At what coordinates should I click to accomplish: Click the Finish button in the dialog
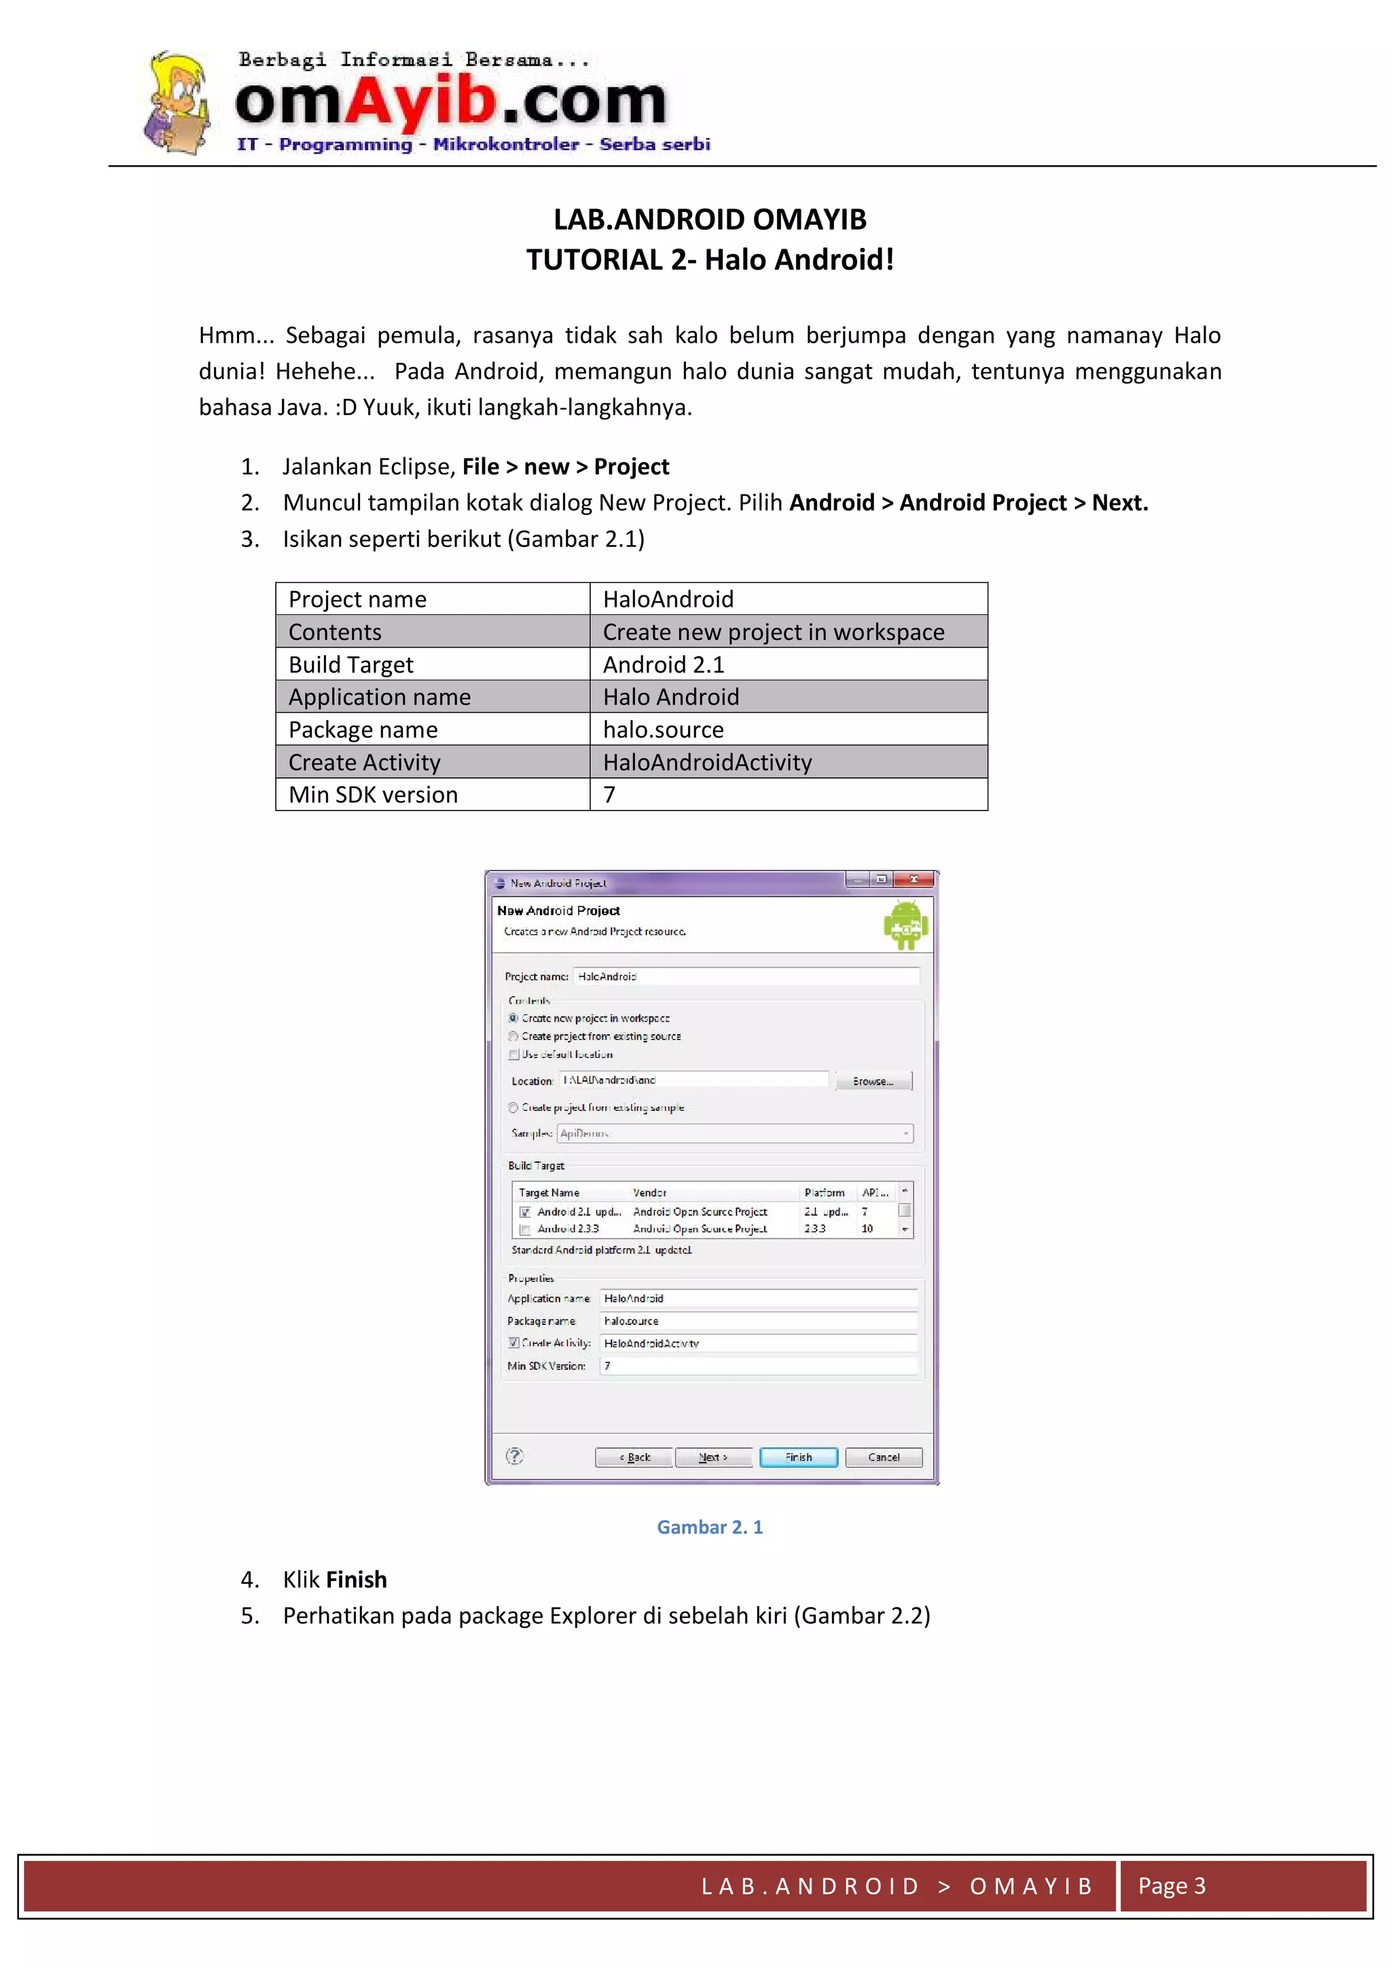pyautogui.click(x=798, y=1457)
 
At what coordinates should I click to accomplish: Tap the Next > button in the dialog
pyautogui.click(x=712, y=1457)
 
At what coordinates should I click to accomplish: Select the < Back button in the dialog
pyautogui.click(x=634, y=1457)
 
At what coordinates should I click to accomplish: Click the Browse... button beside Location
pyautogui.click(x=873, y=1081)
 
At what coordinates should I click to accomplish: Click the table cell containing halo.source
pyautogui.click(x=788, y=729)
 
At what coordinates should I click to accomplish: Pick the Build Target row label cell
pyautogui.click(x=433, y=664)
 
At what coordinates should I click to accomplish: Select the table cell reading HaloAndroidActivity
pyautogui.click(x=788, y=762)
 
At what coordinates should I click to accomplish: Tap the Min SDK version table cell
pyautogui.click(x=433, y=794)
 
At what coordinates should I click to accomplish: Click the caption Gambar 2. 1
pyautogui.click(x=709, y=1527)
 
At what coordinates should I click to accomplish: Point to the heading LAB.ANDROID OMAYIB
pyautogui.click(x=709, y=219)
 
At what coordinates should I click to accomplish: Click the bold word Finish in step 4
pyautogui.click(x=357, y=1579)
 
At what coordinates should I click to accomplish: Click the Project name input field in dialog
pyautogui.click(x=745, y=976)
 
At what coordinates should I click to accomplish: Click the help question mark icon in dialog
pyautogui.click(x=515, y=1457)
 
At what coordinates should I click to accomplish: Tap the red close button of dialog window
pyautogui.click(x=914, y=880)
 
